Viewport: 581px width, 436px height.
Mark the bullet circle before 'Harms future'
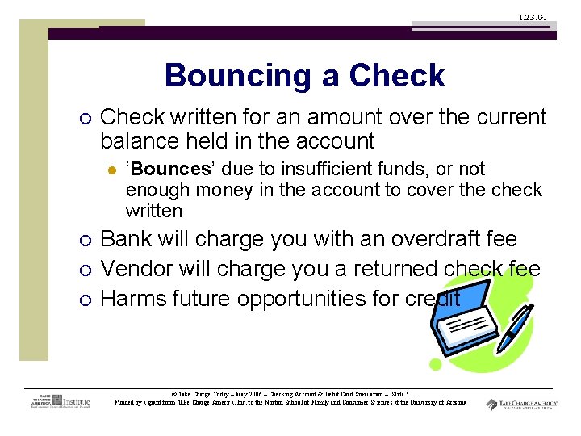pos(86,300)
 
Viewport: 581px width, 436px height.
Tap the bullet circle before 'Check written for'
pos(86,118)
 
